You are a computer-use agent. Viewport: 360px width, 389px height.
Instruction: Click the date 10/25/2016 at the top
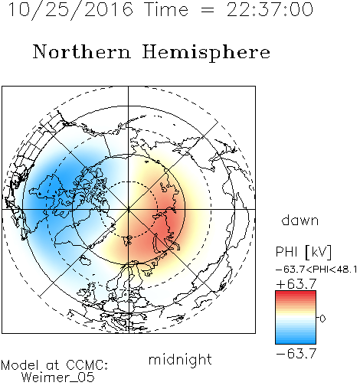click(70, 10)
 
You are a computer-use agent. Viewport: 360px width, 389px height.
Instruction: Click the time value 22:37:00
click(270, 9)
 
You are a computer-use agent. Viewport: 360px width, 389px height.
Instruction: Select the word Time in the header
click(166, 9)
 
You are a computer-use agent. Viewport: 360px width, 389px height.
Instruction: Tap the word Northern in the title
click(82, 51)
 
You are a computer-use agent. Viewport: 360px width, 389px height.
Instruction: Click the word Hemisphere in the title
click(206, 53)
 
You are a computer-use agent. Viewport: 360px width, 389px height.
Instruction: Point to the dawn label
click(300, 220)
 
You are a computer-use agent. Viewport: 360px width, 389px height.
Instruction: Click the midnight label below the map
click(180, 359)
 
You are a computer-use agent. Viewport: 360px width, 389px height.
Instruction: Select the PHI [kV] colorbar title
click(303, 252)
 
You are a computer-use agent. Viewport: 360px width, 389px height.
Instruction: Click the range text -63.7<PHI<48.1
click(316, 270)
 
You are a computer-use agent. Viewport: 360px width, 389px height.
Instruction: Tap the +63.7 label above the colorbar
click(296, 284)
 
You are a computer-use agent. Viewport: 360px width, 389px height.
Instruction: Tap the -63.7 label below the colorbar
click(296, 354)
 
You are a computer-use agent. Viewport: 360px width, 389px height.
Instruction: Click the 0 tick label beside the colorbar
click(322, 319)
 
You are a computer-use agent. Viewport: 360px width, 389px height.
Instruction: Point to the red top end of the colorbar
click(296, 293)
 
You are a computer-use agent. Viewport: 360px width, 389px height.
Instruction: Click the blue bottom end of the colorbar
click(296, 342)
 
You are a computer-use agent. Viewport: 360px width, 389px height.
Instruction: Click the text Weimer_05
click(58, 378)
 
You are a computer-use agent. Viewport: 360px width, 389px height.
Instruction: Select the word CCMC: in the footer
click(87, 365)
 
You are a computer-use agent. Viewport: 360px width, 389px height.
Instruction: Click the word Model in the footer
click(20, 365)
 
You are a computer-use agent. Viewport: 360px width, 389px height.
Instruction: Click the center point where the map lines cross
click(129, 209)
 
